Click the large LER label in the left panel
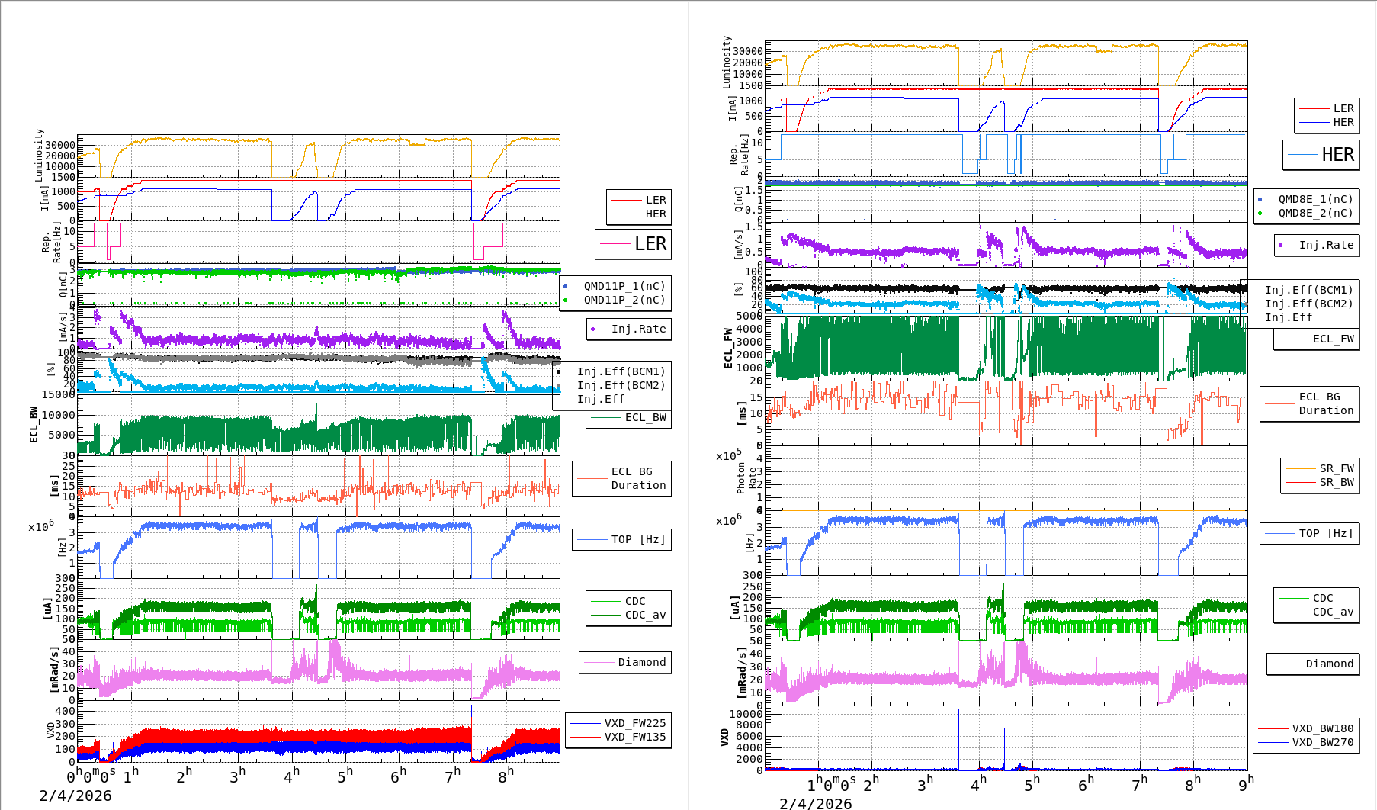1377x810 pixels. (650, 244)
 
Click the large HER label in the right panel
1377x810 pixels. (1337, 155)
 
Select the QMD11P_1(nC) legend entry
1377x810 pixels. (624, 286)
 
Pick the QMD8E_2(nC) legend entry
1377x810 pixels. (1315, 213)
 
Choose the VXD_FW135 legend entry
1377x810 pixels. (634, 737)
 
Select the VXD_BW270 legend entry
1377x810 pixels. (1322, 742)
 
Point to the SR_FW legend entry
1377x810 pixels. (1336, 468)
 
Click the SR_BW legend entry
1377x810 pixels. (1336, 482)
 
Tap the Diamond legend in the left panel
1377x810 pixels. (641, 662)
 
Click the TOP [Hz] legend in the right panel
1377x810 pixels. (1326, 533)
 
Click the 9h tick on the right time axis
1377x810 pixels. (1245, 784)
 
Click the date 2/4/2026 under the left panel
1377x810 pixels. (75, 796)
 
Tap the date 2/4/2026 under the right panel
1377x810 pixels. (815, 803)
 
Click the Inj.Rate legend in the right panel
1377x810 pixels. (1326, 245)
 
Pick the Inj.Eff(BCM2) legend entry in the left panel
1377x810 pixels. (621, 385)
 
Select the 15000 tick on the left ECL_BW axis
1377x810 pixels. (59, 394)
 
